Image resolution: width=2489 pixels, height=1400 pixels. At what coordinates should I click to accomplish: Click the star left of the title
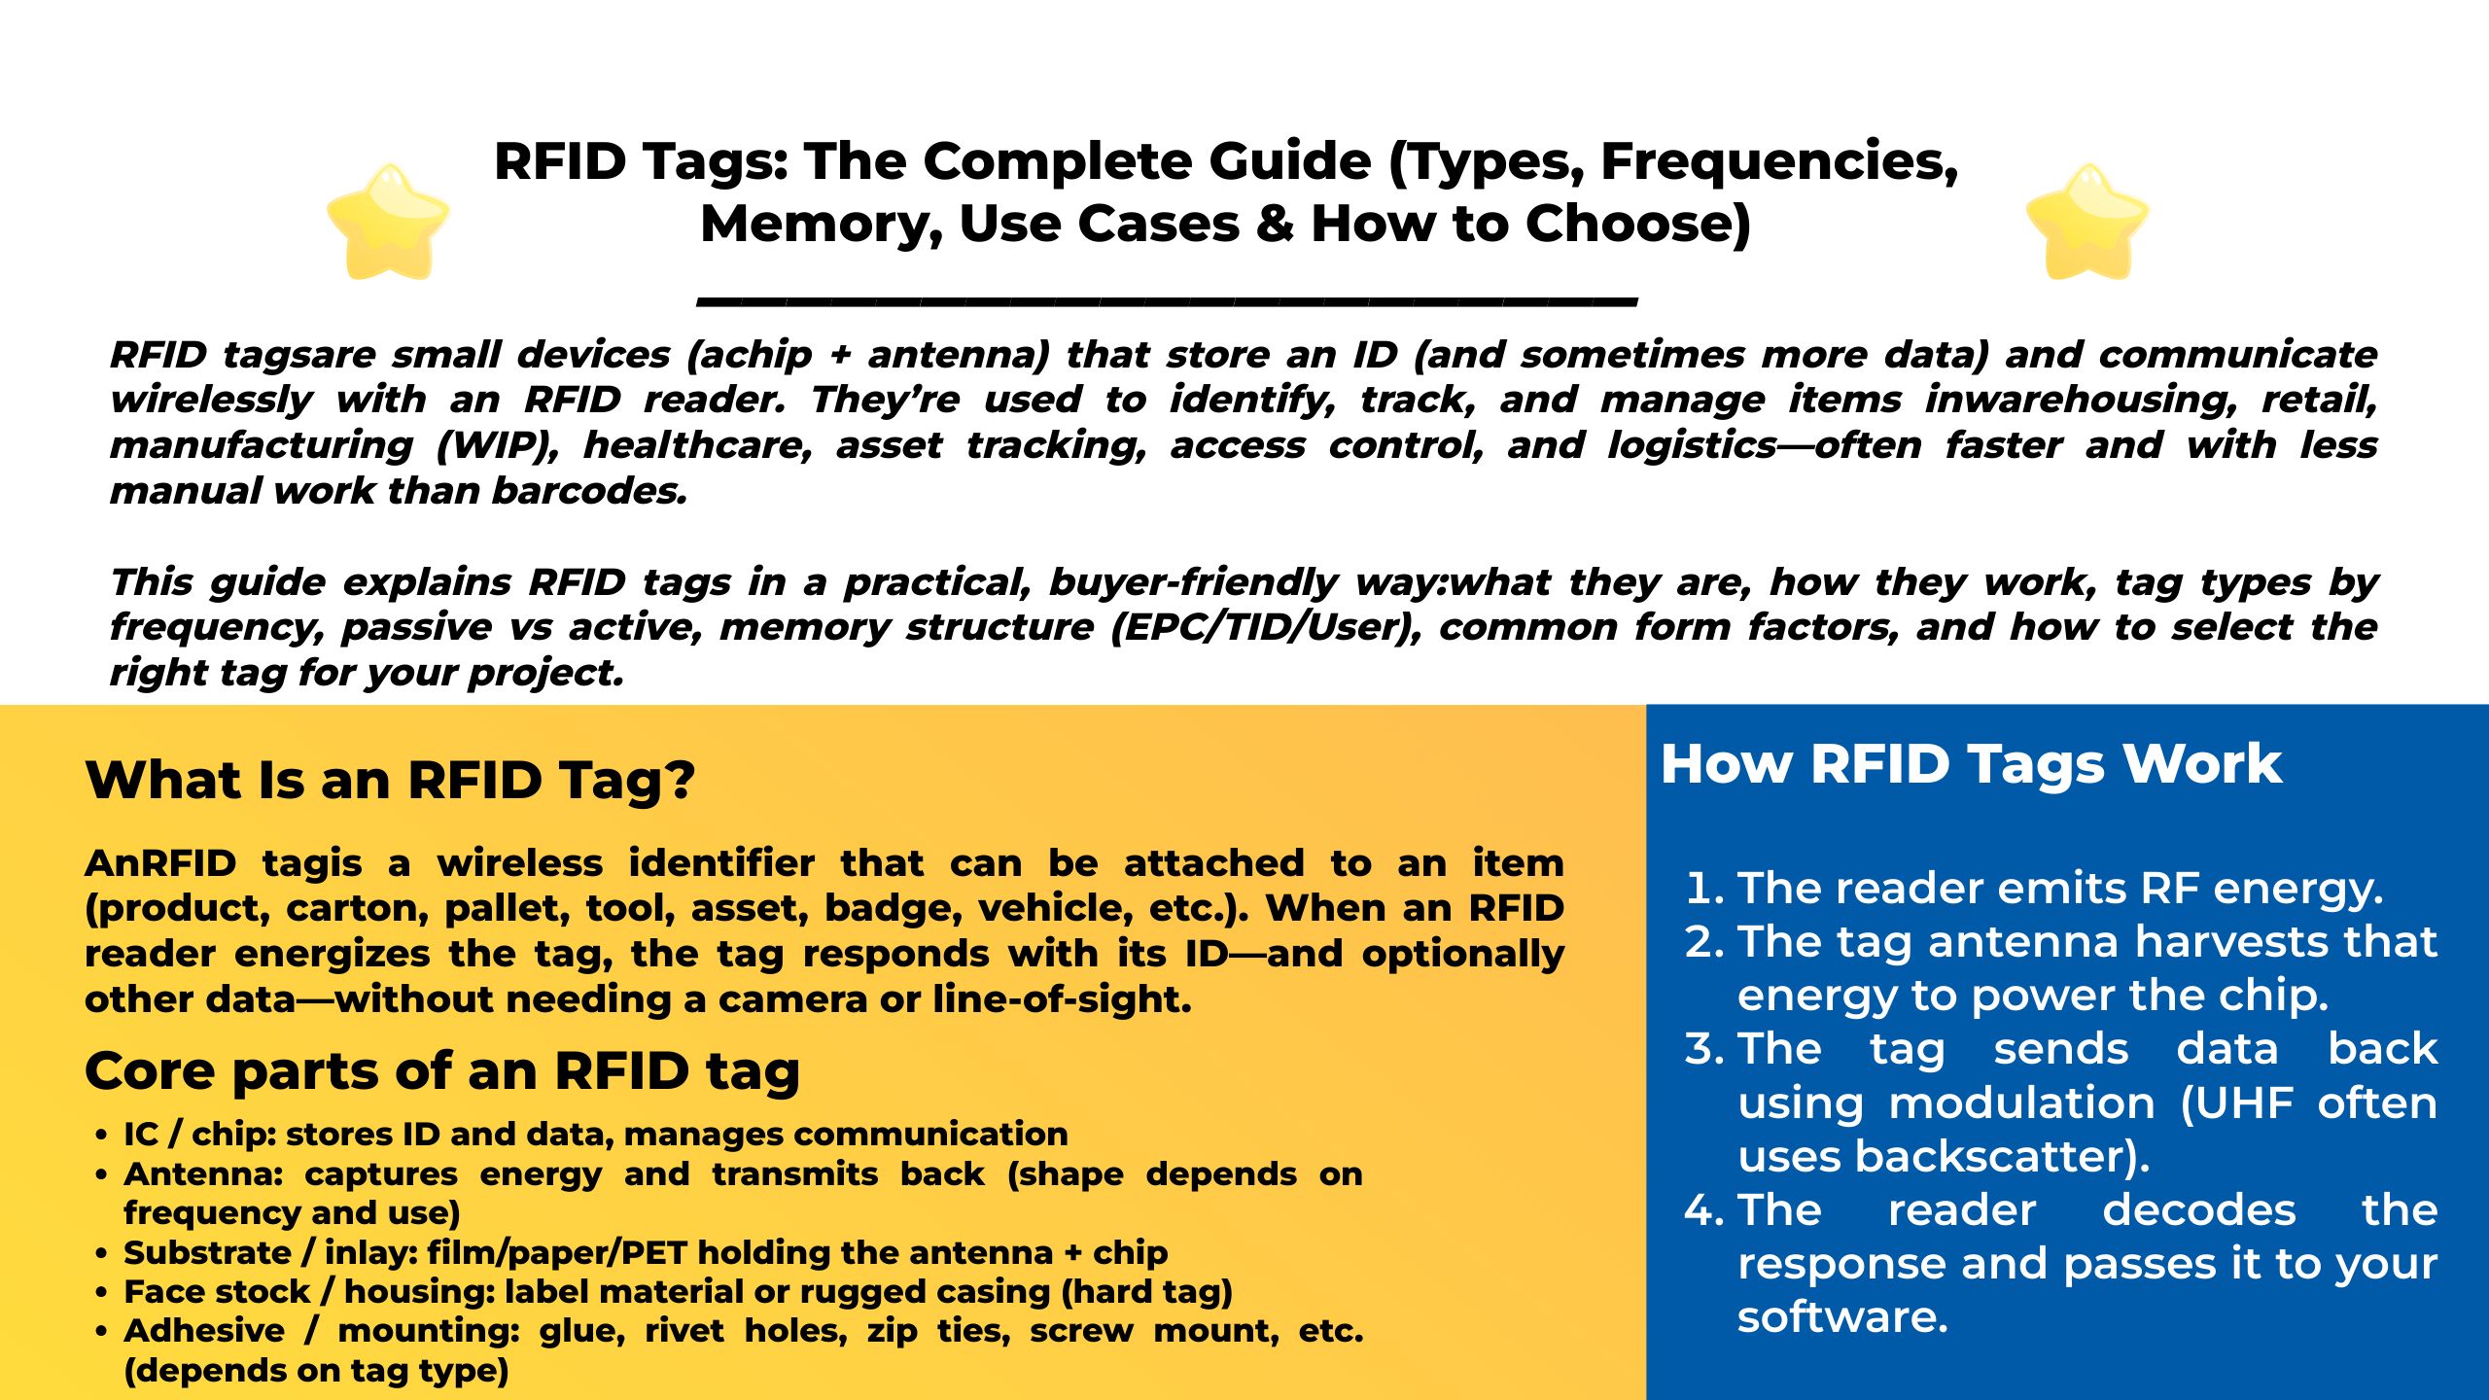click(x=388, y=222)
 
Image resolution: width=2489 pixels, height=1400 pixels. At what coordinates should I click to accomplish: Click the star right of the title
click(x=2086, y=222)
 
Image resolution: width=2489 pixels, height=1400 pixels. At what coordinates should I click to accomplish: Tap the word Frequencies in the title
click(x=1778, y=161)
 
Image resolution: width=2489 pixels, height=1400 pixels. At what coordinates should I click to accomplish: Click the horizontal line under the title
click(x=1167, y=301)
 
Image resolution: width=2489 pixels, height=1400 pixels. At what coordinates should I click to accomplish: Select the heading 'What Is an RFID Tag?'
click(x=390, y=780)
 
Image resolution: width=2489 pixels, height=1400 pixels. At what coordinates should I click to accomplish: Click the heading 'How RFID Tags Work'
click(x=1970, y=764)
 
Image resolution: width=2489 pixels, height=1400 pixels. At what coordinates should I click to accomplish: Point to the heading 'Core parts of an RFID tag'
click(x=442, y=1070)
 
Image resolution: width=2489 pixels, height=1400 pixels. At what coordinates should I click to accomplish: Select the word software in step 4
click(x=1841, y=1317)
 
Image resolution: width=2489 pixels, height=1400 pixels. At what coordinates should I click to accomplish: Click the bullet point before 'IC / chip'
click(x=101, y=1136)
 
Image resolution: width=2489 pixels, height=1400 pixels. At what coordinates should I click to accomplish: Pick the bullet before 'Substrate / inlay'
click(x=101, y=1254)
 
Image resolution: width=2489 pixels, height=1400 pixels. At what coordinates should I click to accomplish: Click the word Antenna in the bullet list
click(x=201, y=1174)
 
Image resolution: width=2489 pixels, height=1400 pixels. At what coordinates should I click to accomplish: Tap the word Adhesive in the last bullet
click(x=204, y=1331)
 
